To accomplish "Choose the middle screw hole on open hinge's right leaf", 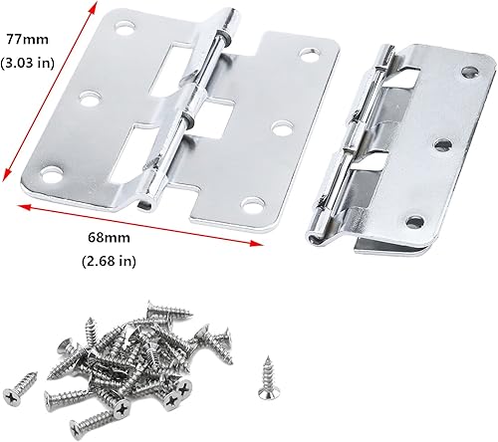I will (281, 127).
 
